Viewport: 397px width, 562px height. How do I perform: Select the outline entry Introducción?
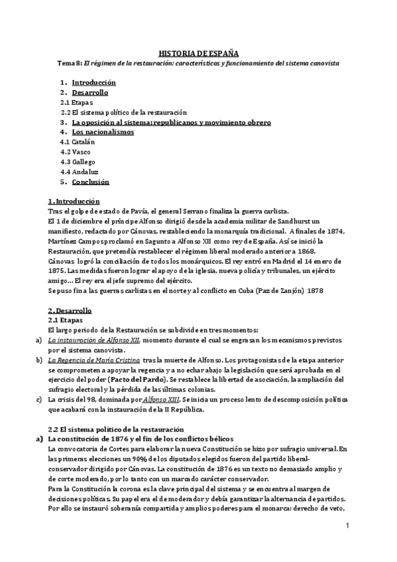pos(93,83)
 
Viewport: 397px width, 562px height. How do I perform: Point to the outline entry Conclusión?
pos(90,182)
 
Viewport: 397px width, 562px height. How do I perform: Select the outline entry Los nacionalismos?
pos(103,132)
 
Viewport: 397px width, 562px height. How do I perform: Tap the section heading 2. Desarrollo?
pos(70,310)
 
